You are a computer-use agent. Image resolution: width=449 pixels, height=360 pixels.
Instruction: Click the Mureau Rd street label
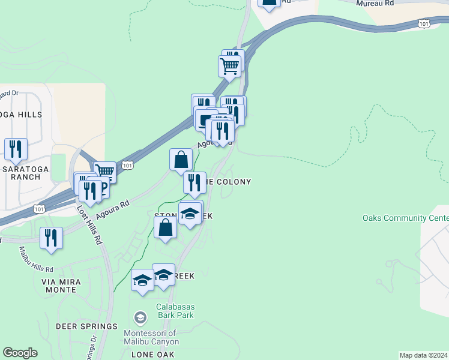coord(375,4)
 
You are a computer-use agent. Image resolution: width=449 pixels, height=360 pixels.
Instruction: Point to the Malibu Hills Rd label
coord(37,259)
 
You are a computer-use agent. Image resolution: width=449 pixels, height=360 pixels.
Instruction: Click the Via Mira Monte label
coord(59,285)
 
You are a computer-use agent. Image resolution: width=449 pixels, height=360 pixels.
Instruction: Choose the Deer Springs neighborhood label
coord(86,326)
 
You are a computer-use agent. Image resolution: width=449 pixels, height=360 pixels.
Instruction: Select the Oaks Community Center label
coord(405,218)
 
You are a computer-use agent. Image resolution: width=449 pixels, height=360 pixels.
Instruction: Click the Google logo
coord(20,353)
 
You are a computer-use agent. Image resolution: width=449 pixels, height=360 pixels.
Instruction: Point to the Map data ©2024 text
coord(423,355)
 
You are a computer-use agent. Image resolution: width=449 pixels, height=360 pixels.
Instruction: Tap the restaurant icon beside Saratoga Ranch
coord(16,149)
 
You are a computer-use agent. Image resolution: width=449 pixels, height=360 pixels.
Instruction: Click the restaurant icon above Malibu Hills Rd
coord(51,237)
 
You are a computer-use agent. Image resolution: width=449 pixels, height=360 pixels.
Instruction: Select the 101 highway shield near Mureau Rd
coord(424,23)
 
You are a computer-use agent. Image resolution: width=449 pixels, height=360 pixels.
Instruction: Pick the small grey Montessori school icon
coord(140,317)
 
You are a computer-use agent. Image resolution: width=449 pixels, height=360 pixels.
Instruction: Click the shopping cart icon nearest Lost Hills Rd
coord(104,172)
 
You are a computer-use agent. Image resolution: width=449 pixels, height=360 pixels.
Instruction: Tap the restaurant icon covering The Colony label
coord(194,182)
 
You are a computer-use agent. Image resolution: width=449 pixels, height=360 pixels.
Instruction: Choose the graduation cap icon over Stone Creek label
coord(190,213)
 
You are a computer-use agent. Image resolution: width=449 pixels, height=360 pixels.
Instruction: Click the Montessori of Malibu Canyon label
coord(150,337)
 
